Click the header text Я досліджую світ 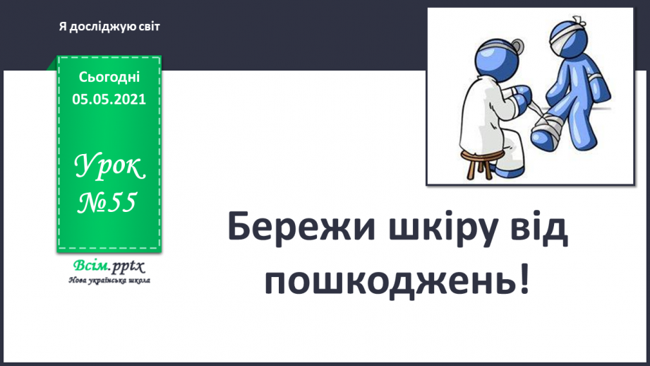coord(110,27)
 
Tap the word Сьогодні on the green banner coord(109,76)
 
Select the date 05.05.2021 coord(109,99)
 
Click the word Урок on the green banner coord(109,168)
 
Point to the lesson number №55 coord(107,203)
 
